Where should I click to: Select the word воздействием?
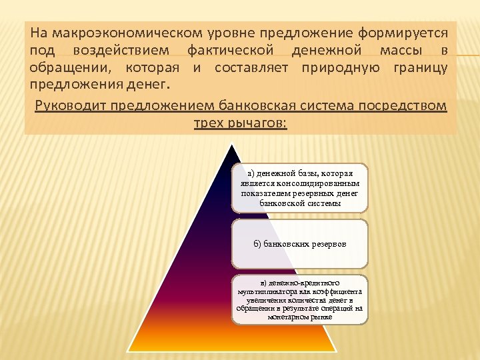pos(121,51)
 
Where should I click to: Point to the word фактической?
pos(230,51)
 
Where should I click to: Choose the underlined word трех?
pos(209,123)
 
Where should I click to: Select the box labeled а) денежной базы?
pos(299,188)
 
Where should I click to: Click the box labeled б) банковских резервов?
pos(299,244)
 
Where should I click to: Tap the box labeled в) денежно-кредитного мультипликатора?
pos(299,299)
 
